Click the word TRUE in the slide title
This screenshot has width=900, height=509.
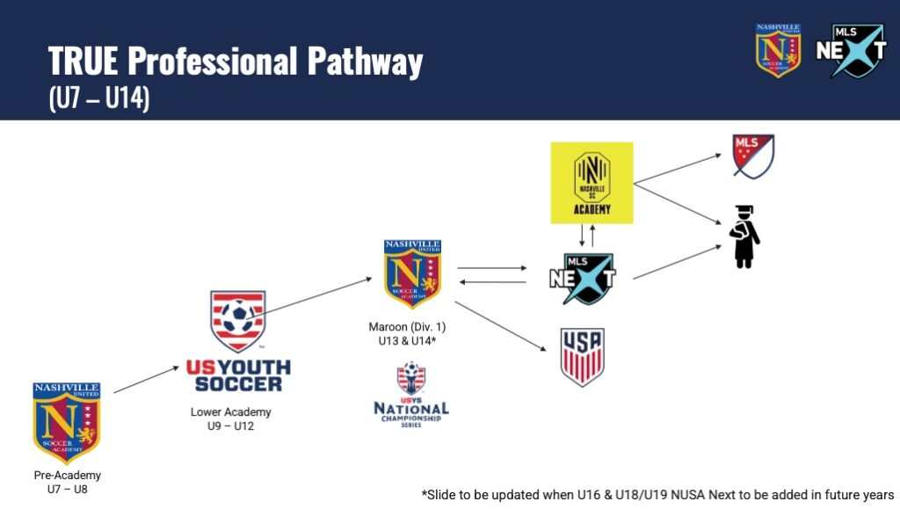point(83,62)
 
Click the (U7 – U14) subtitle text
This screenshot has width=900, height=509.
point(99,98)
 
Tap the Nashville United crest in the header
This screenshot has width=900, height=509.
point(778,50)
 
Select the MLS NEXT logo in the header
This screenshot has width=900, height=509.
point(851,51)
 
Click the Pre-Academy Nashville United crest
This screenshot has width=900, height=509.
point(67,422)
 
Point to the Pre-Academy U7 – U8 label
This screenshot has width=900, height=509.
point(67,482)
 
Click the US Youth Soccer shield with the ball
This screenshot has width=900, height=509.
point(237,321)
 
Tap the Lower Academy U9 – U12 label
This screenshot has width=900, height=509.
point(231,418)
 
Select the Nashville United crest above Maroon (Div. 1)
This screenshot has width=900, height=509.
point(412,274)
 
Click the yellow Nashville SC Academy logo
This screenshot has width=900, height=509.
point(592,182)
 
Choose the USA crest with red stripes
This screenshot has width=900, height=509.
point(582,357)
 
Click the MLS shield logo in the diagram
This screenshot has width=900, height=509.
point(753,156)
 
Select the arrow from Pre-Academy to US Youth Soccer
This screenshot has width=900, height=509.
point(147,380)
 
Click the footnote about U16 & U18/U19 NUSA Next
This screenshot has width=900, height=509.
point(657,493)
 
